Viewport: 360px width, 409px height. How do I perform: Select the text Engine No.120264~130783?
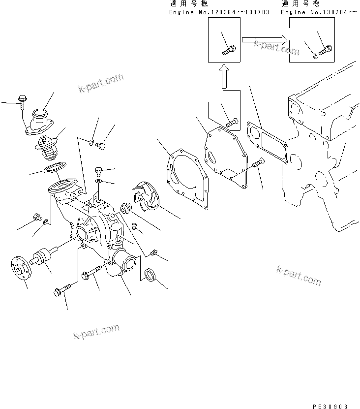pos(219,11)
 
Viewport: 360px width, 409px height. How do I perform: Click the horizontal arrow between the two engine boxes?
pos(264,37)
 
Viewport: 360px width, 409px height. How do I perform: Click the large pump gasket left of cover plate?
pos(185,172)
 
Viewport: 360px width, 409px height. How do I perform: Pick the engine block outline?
pos(320,148)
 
